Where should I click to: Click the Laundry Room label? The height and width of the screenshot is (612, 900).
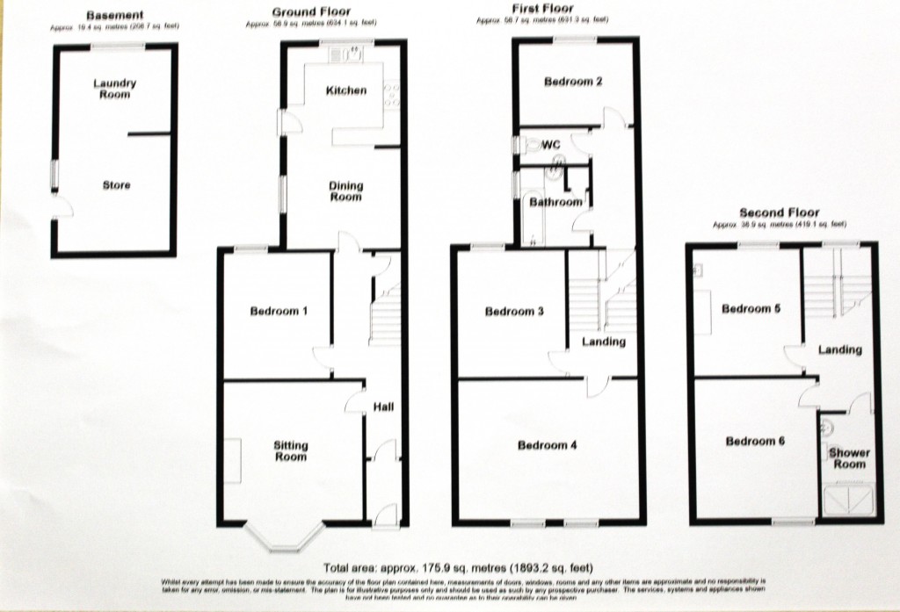[115, 89]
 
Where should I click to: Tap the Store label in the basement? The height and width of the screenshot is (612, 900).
[116, 185]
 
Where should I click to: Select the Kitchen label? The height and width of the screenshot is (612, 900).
[346, 90]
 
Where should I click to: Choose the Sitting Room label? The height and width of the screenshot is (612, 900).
[290, 451]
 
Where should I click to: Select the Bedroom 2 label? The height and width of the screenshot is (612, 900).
[573, 83]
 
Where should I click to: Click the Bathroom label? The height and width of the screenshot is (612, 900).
[555, 202]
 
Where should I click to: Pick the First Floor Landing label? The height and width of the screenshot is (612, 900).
[604, 342]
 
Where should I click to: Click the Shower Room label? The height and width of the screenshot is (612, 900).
[849, 458]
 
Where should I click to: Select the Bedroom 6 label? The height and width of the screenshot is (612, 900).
[755, 442]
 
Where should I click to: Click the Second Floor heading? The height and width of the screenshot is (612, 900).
[779, 212]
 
